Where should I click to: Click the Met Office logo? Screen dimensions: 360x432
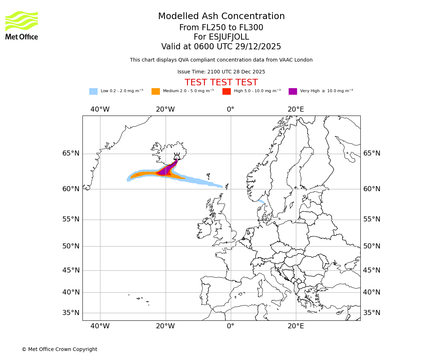pos(22,25)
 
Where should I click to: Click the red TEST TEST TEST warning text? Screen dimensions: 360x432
pos(221,82)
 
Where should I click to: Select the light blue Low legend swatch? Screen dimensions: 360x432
pos(93,91)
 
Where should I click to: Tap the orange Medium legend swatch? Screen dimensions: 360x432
pos(156,91)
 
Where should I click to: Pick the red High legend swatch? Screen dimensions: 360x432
pos(226,91)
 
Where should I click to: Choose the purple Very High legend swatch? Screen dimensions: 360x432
pos(293,91)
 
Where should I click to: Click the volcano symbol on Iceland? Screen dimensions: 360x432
pos(177,157)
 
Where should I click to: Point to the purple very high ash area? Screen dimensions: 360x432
pos(166,170)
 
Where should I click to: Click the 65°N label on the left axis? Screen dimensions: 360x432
pos(71,153)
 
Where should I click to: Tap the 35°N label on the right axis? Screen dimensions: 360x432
pos(372,312)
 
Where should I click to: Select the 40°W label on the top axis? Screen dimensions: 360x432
pos(100,109)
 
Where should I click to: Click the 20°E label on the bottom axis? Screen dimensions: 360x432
pos(296,326)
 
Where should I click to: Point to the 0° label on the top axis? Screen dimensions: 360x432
pos(230,109)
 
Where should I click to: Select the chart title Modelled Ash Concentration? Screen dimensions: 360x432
pos(221,16)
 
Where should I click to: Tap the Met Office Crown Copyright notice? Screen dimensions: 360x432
pos(59,349)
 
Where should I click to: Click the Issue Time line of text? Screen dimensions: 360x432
pos(221,72)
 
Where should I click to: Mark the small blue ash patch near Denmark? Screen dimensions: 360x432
pos(261,201)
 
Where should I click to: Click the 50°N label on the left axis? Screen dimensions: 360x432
pos(71,246)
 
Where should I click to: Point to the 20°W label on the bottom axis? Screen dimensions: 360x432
pos(165,326)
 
